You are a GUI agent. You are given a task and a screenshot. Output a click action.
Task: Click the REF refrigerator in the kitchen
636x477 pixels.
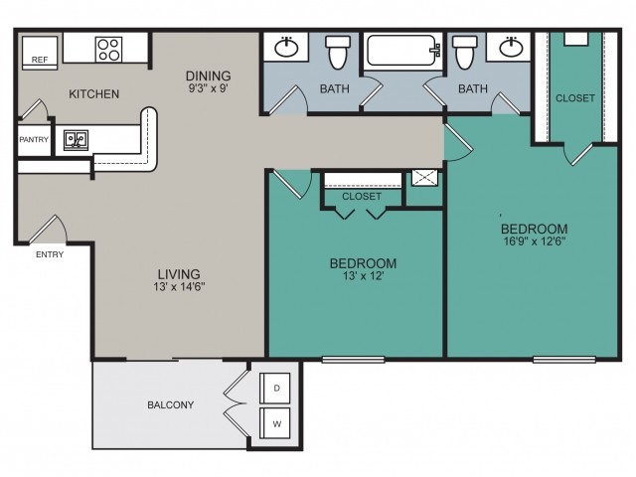pos(40,53)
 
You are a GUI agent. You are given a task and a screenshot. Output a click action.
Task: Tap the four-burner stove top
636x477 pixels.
pos(108,50)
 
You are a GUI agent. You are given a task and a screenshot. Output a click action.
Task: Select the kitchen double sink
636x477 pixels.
pos(76,140)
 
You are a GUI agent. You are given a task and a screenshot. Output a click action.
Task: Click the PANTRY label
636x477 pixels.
pos(34,139)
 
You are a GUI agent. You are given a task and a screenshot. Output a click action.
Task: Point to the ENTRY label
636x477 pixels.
pos(50,254)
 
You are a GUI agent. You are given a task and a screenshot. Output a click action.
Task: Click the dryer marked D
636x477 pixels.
pos(275,388)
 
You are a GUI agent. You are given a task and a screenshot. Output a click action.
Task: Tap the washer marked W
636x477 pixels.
pos(275,423)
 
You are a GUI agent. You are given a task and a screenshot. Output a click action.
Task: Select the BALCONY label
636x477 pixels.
pos(170,404)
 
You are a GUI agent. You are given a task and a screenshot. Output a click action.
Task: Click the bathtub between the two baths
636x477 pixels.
pos(403,51)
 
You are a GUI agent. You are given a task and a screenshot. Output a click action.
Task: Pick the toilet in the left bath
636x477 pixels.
pos(338,52)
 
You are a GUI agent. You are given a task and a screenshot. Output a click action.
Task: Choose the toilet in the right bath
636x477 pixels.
pos(465,52)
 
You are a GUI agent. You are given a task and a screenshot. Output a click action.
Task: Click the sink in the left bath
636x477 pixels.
pos(287,48)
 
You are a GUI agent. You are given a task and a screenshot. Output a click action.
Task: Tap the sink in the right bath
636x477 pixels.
pos(511,48)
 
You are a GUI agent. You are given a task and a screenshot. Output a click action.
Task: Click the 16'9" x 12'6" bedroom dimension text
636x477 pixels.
pos(535,241)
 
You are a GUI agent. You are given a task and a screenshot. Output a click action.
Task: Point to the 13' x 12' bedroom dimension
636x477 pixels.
pos(363,276)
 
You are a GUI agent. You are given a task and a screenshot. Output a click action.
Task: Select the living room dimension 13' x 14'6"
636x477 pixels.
pos(179,287)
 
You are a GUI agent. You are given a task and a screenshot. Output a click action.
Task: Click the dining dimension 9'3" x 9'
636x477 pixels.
pos(209,88)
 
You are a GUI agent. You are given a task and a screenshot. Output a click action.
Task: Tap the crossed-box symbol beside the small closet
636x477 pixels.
pos(424,178)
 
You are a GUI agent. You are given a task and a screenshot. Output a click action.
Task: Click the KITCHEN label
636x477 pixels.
pos(94,94)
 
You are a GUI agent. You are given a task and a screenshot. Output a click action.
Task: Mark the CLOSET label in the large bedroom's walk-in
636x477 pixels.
pos(575,98)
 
